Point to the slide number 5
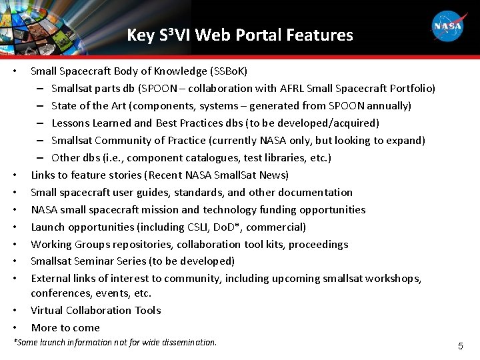point(460,346)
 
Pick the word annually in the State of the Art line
point(389,105)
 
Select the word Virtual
point(47,310)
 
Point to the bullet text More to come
point(65,327)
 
